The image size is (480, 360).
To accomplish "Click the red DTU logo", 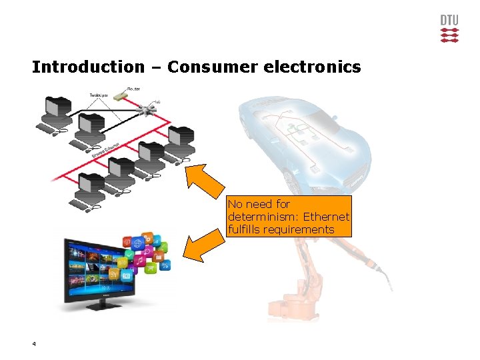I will (x=449, y=29).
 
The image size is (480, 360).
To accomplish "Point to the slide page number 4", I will (x=33, y=344).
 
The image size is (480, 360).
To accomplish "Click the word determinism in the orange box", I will (x=260, y=217).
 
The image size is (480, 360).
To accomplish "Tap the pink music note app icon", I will (x=139, y=262).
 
